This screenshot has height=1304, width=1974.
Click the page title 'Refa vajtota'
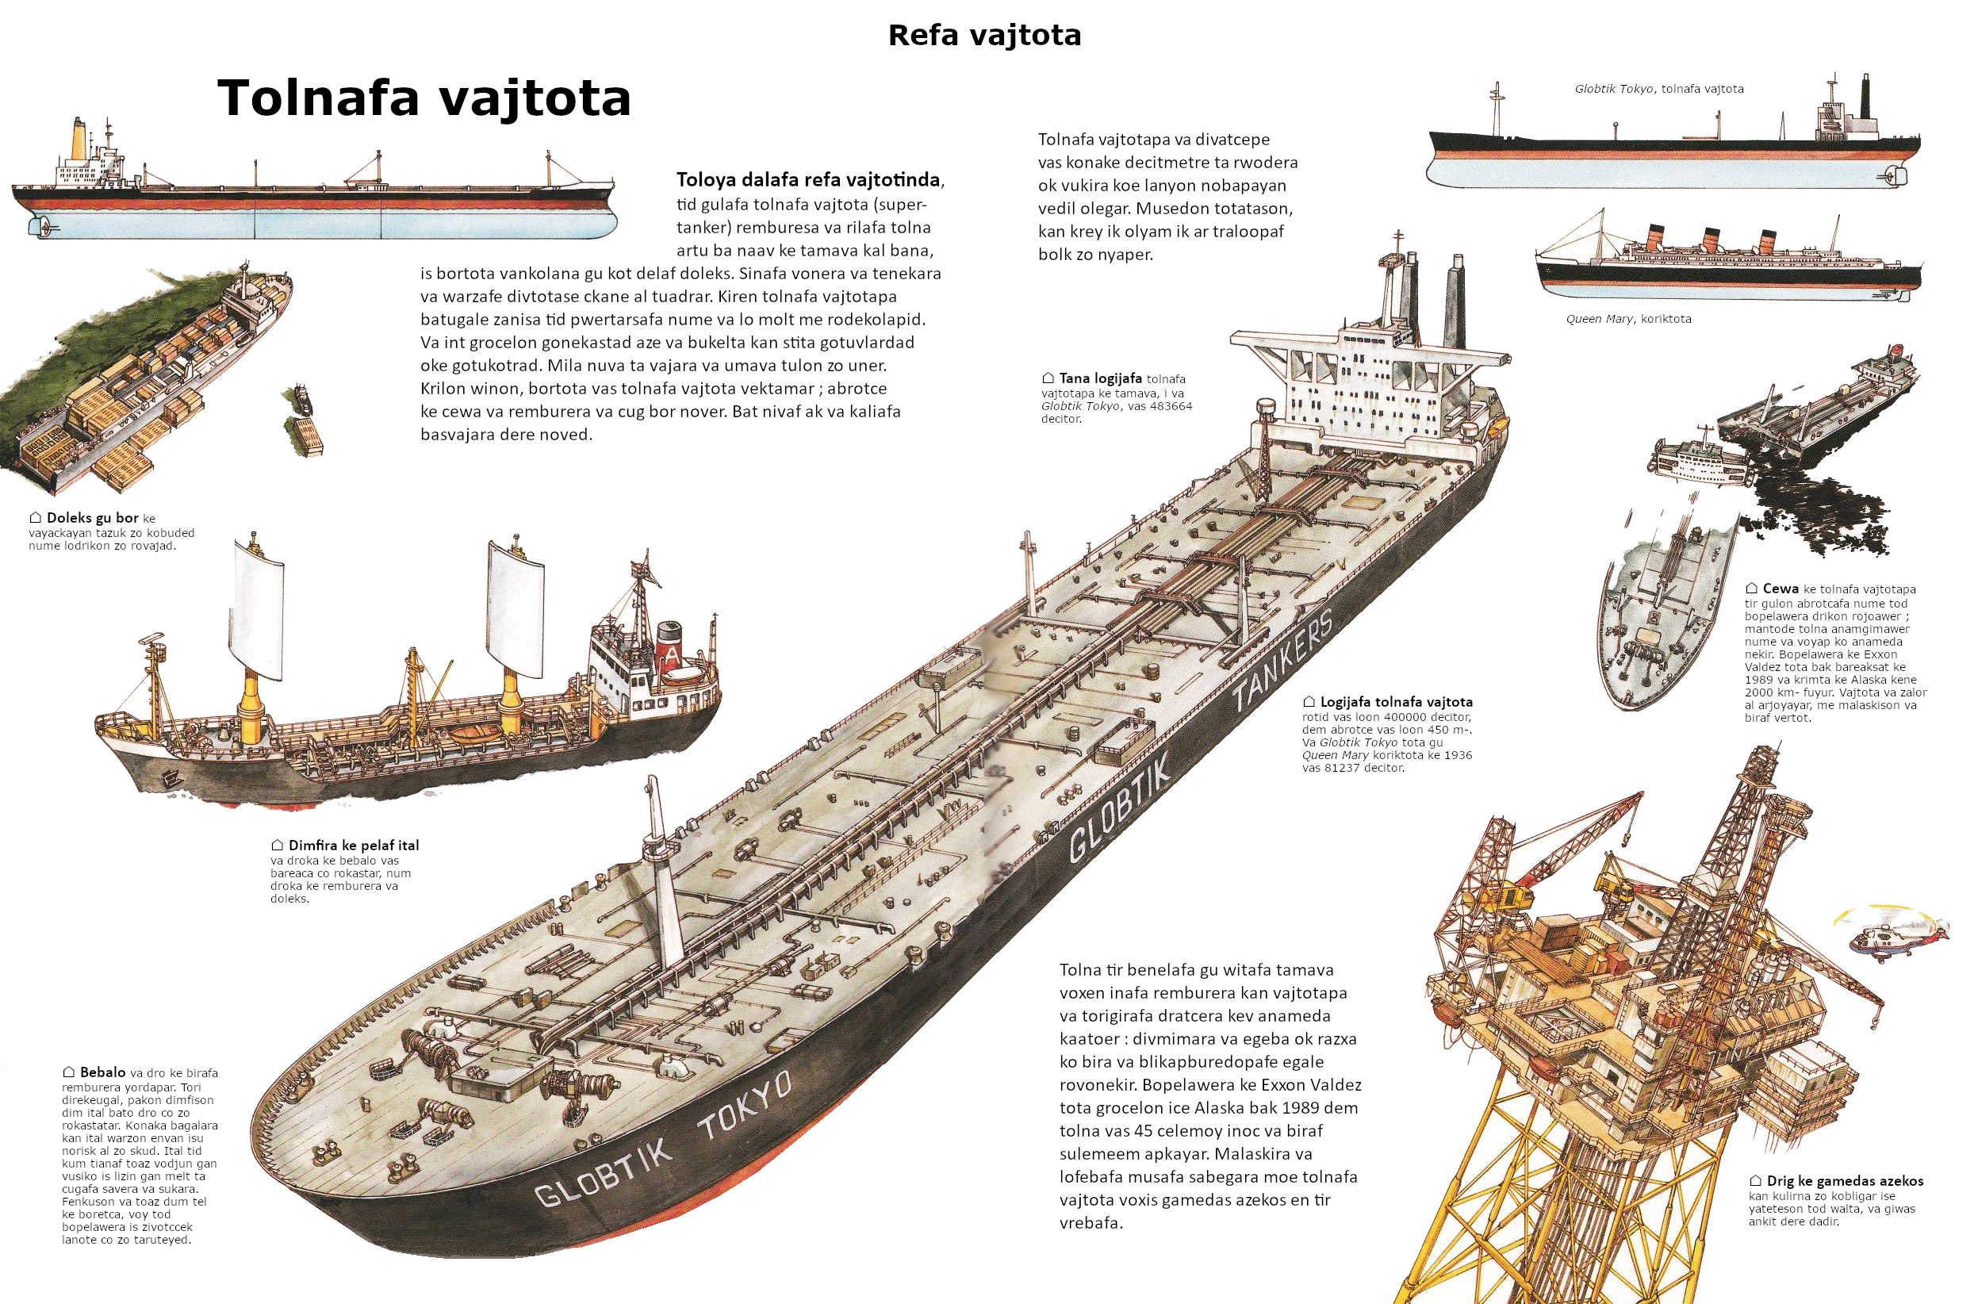[x=984, y=36]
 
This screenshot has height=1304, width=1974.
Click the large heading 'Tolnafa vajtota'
[x=424, y=98]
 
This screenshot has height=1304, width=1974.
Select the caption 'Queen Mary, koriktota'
[x=1628, y=319]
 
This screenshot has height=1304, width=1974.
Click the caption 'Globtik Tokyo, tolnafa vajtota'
[x=1659, y=89]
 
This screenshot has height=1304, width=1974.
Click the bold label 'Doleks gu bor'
[x=92, y=518]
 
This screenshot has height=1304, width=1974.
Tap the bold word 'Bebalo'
[x=102, y=1072]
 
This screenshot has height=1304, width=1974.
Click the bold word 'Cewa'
[x=1780, y=588]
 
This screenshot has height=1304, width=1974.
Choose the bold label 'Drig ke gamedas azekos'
[x=1844, y=1180]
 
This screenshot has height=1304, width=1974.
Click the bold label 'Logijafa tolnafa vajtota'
[x=1396, y=701]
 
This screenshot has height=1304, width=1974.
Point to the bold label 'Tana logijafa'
[x=1100, y=378]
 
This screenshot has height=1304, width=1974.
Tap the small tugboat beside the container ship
[x=301, y=400]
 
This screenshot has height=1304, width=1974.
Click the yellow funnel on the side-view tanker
[x=79, y=140]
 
